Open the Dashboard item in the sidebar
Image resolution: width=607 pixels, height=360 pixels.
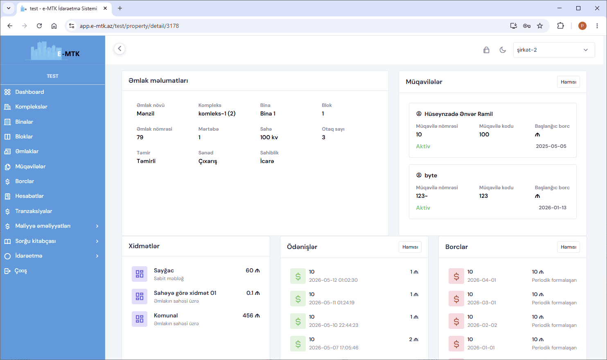point(29,92)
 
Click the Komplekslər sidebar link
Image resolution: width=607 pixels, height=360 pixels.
point(31,107)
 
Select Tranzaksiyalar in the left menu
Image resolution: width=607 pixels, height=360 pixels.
point(34,211)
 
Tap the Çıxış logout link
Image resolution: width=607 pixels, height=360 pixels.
point(20,271)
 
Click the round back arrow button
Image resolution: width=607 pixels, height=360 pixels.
point(120,49)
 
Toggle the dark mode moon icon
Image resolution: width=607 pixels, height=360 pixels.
point(503,50)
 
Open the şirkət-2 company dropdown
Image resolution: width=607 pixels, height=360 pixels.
point(554,50)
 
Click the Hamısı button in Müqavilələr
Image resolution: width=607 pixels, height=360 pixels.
point(568,82)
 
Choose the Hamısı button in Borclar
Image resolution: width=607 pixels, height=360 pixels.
point(568,247)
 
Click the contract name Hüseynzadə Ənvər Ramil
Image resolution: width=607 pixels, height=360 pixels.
point(458,114)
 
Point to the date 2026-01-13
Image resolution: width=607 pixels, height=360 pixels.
point(552,208)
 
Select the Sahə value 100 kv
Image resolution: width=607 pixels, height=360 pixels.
point(269,138)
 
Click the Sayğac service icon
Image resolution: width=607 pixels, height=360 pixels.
point(140,274)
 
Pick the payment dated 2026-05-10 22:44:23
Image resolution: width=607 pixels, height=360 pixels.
point(334,325)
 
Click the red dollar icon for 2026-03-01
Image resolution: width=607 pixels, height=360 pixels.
point(456,299)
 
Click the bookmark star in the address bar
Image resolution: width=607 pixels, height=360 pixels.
point(540,26)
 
